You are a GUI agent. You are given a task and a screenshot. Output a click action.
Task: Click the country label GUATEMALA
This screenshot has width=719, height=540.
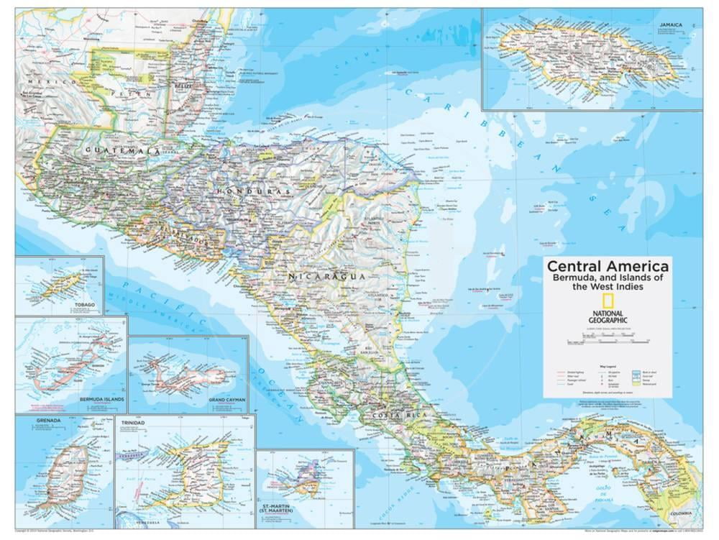(121, 150)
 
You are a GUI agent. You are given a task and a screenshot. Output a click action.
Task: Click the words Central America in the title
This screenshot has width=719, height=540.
(608, 267)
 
